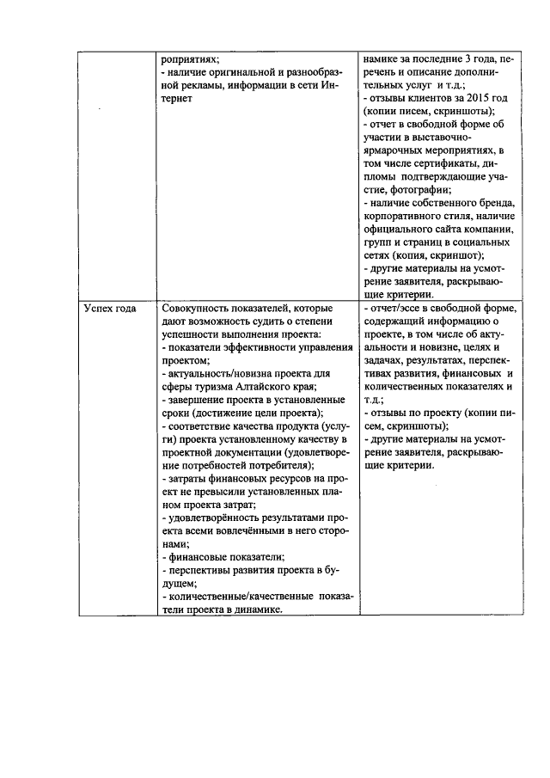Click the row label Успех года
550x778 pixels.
point(110,309)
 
